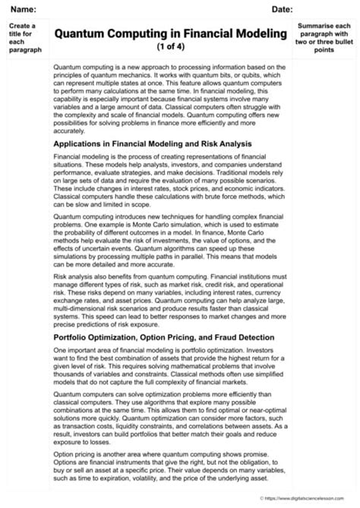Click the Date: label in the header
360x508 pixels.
tap(282, 8)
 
